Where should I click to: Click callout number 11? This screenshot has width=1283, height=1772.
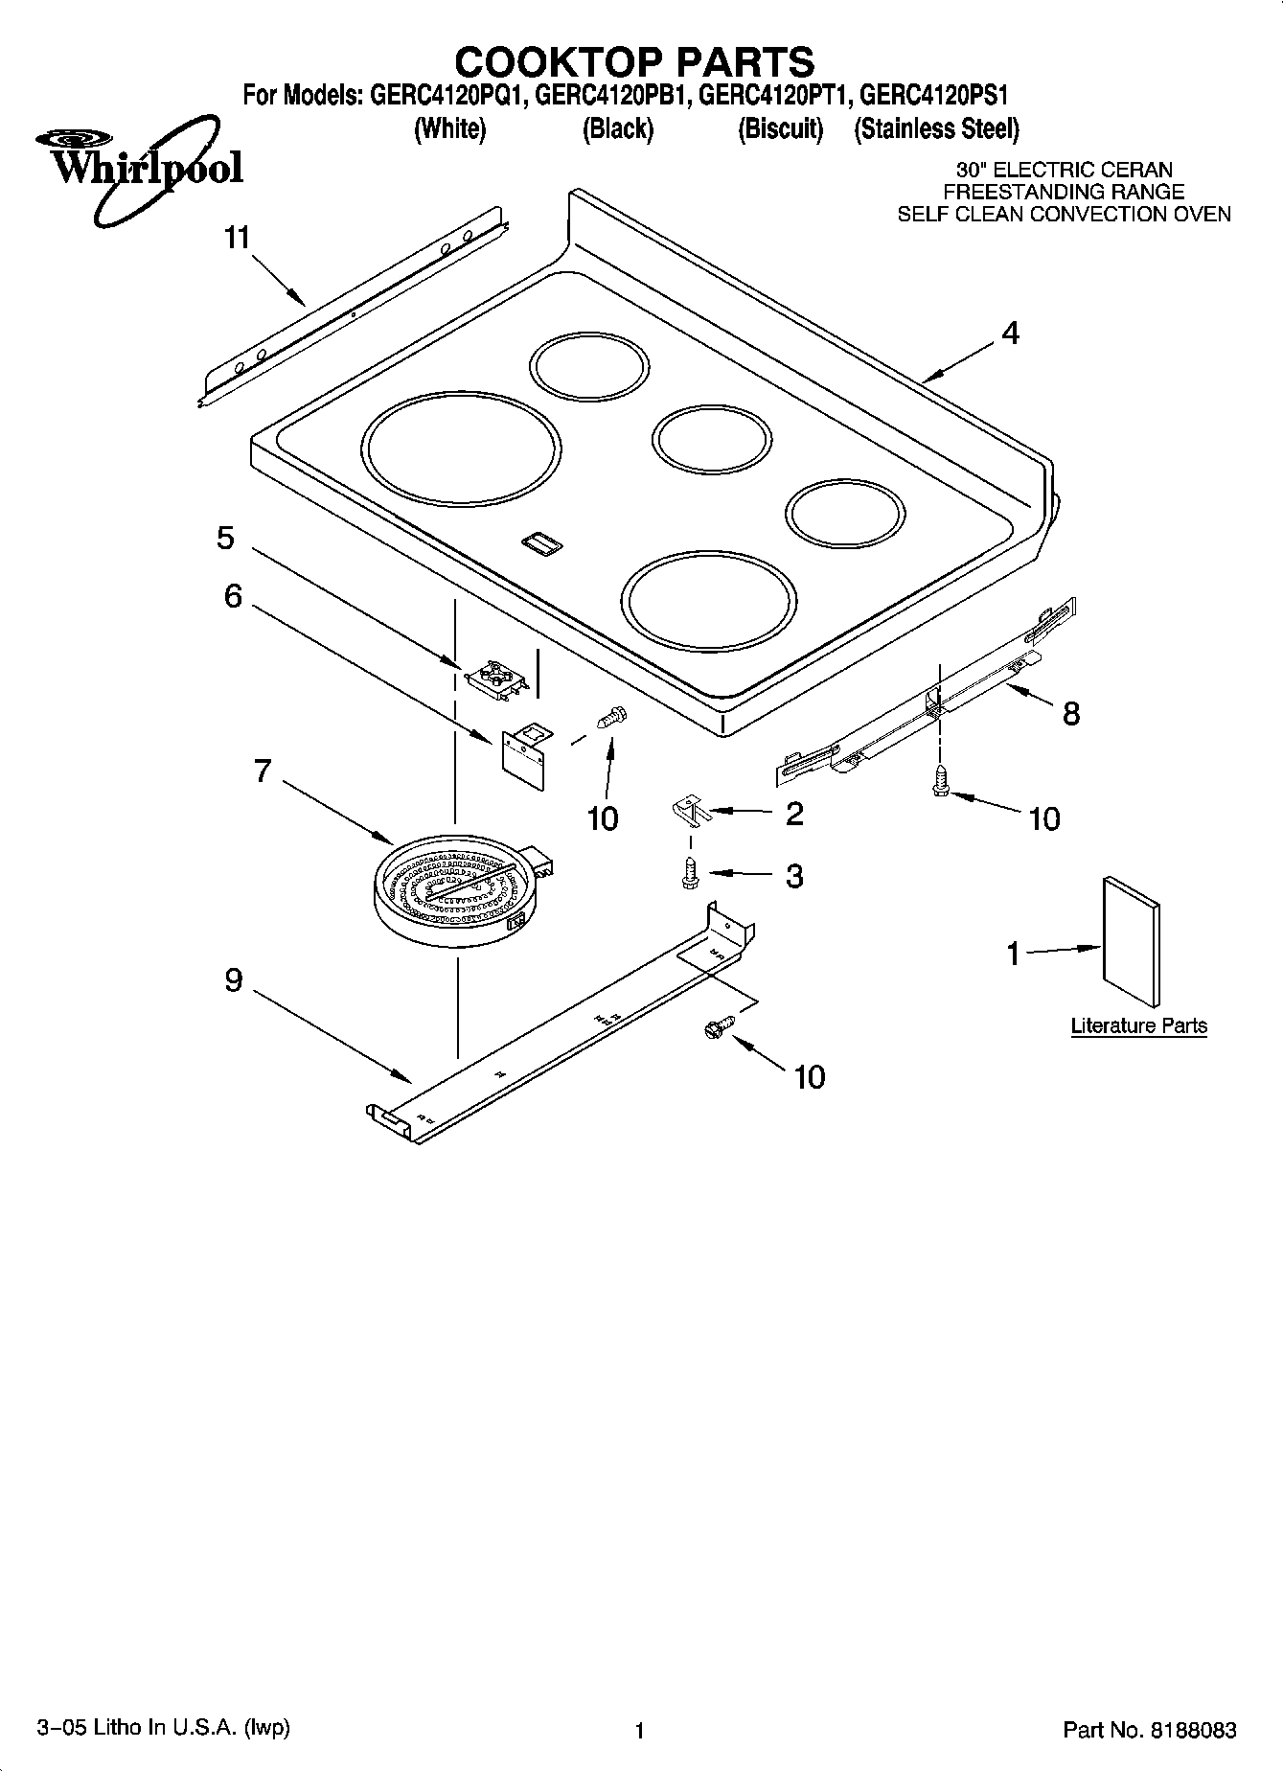click(x=237, y=238)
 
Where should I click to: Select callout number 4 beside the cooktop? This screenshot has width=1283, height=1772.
click(x=1010, y=334)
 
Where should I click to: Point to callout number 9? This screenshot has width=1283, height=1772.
click(x=234, y=980)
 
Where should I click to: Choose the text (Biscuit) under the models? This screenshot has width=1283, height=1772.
click(x=780, y=128)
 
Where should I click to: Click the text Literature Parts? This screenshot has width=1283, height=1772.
click(x=1138, y=1025)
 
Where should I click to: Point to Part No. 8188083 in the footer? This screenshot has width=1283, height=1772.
click(x=1150, y=1730)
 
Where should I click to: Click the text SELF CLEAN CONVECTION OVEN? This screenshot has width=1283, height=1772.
click(x=1064, y=214)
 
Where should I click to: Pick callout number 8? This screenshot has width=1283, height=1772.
click(x=1070, y=713)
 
